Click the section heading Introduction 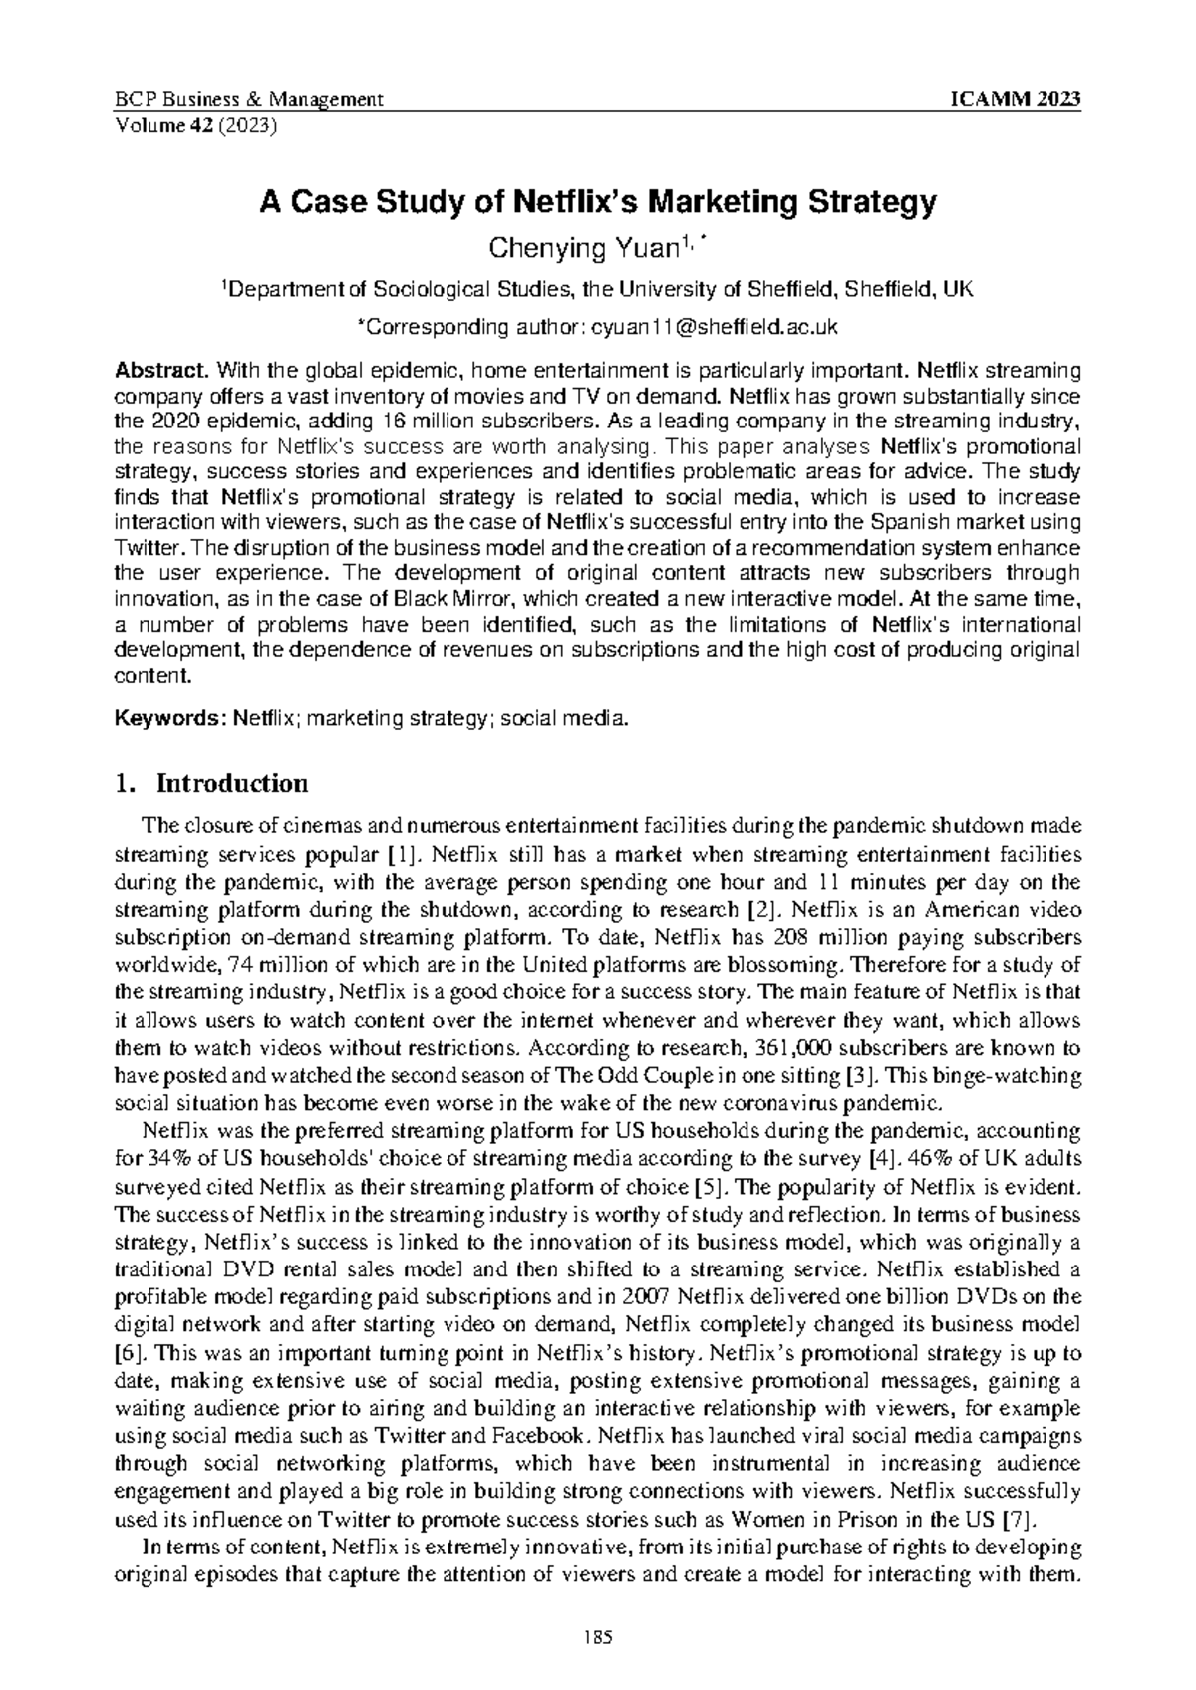232,783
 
